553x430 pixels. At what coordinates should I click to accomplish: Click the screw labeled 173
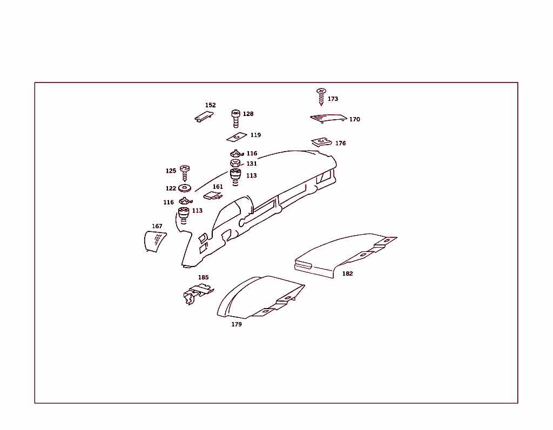click(x=321, y=96)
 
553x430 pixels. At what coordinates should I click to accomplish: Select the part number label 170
click(x=354, y=119)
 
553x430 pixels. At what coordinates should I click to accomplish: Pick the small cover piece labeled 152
click(x=204, y=117)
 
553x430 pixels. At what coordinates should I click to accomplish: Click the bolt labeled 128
click(x=235, y=118)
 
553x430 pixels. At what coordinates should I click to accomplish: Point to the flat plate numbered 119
click(x=236, y=137)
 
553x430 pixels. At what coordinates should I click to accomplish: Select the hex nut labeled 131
click(x=235, y=163)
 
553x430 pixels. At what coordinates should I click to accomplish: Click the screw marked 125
click(x=185, y=172)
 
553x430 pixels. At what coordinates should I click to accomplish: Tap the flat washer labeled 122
click(x=185, y=188)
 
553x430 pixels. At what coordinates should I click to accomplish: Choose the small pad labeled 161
click(x=213, y=195)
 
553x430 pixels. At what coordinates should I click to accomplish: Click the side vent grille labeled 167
click(x=154, y=241)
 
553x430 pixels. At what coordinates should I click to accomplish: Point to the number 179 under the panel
click(x=237, y=324)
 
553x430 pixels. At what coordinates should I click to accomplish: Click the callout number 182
click(x=347, y=274)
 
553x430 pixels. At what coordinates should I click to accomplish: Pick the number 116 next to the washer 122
click(x=168, y=202)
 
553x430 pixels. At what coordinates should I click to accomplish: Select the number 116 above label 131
click(x=252, y=154)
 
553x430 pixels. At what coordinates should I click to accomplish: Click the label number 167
click(x=157, y=226)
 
